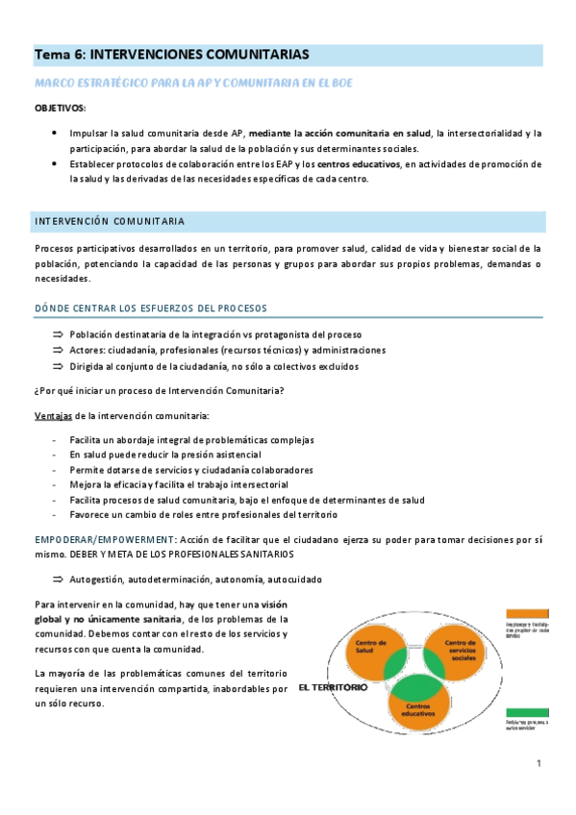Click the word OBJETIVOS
click(x=60, y=108)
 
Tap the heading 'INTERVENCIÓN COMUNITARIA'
click(x=110, y=221)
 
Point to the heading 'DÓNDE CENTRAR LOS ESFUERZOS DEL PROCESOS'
click(x=150, y=308)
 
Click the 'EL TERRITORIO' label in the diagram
click(x=333, y=688)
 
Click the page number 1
click(x=539, y=763)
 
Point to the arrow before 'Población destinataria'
click(x=59, y=333)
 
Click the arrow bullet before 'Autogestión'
click(x=59, y=580)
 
